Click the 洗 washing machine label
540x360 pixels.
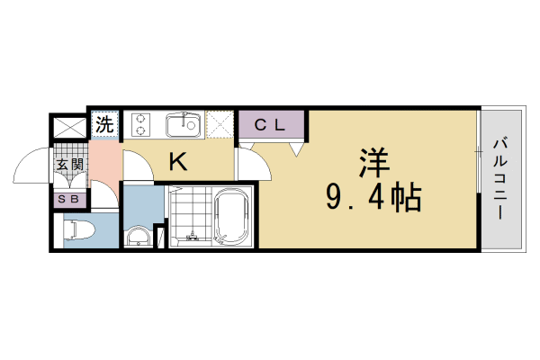(105, 124)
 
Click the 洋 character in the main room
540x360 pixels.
(373, 164)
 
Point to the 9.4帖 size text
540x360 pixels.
(373, 198)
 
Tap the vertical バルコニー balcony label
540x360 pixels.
(499, 179)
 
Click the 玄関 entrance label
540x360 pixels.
(70, 165)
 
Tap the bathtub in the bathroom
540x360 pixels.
(232, 219)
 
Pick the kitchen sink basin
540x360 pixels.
(184, 123)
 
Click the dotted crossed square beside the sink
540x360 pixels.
(220, 124)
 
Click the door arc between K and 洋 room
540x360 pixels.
(251, 163)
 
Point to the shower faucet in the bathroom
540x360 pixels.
(191, 236)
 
